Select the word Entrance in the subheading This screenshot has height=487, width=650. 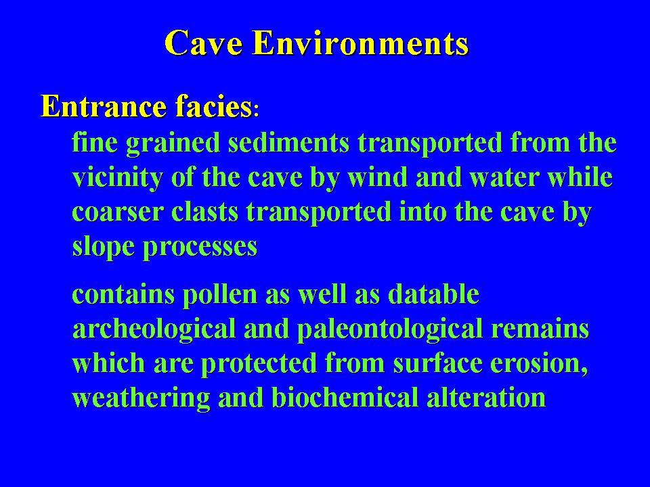104,106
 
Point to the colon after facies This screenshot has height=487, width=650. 256,111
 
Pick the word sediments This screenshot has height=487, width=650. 289,142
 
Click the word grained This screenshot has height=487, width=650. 173,143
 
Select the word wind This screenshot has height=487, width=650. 377,177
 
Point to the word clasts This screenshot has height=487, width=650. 204,211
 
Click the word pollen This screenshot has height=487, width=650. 220,294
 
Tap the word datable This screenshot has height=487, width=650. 433,294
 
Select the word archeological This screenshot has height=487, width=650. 154,329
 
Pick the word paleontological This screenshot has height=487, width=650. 390,329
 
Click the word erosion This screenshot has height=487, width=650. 540,363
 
